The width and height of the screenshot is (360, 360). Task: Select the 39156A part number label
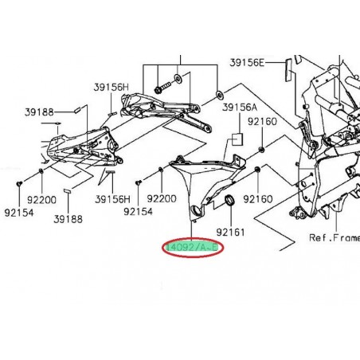click(x=239, y=107)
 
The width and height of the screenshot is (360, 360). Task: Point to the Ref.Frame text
click(x=334, y=237)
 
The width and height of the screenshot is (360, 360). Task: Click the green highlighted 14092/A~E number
click(x=194, y=248)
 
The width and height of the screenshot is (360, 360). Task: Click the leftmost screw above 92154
click(x=18, y=185)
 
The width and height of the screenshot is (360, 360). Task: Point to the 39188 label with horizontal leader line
click(x=37, y=113)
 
